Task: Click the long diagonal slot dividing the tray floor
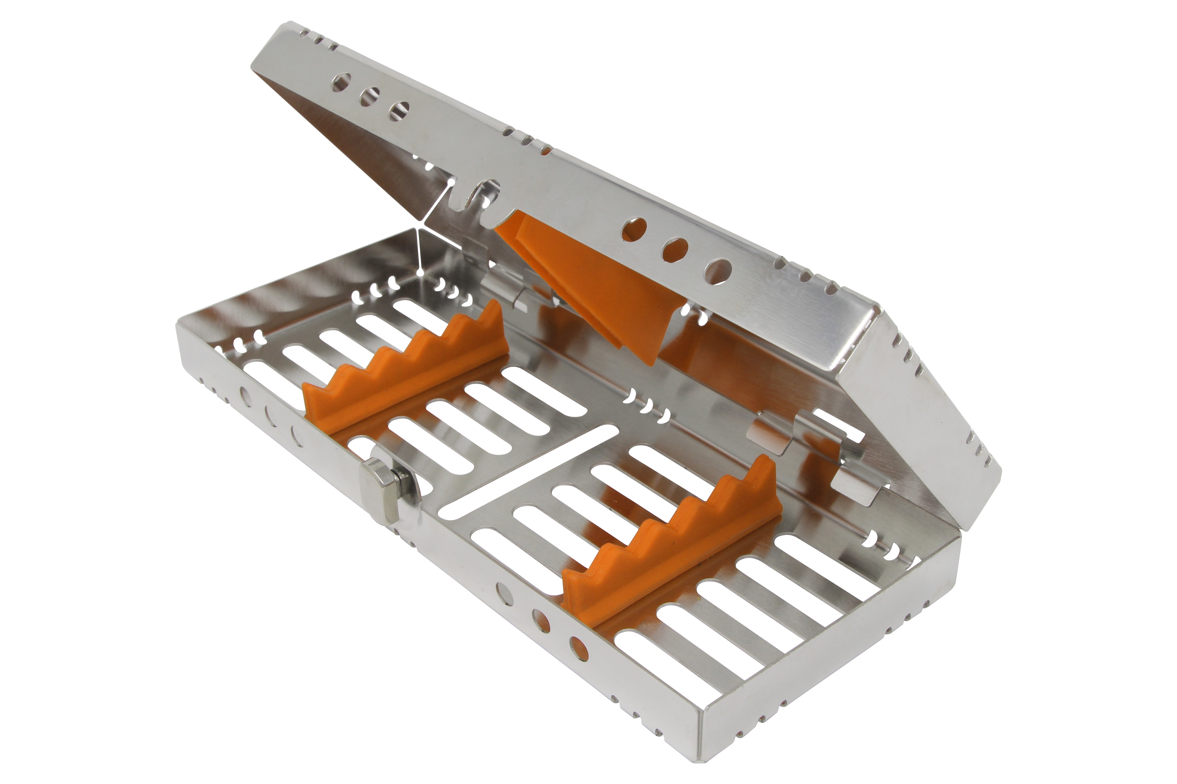(x=525, y=470)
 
